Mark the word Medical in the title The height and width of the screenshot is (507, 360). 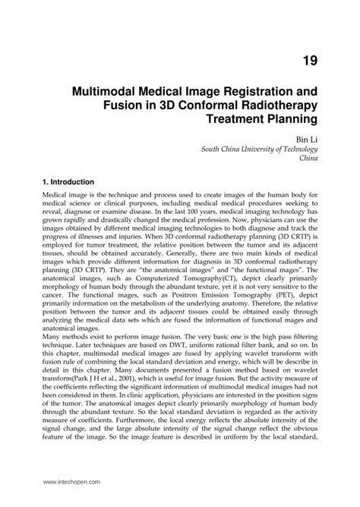point(167,91)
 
